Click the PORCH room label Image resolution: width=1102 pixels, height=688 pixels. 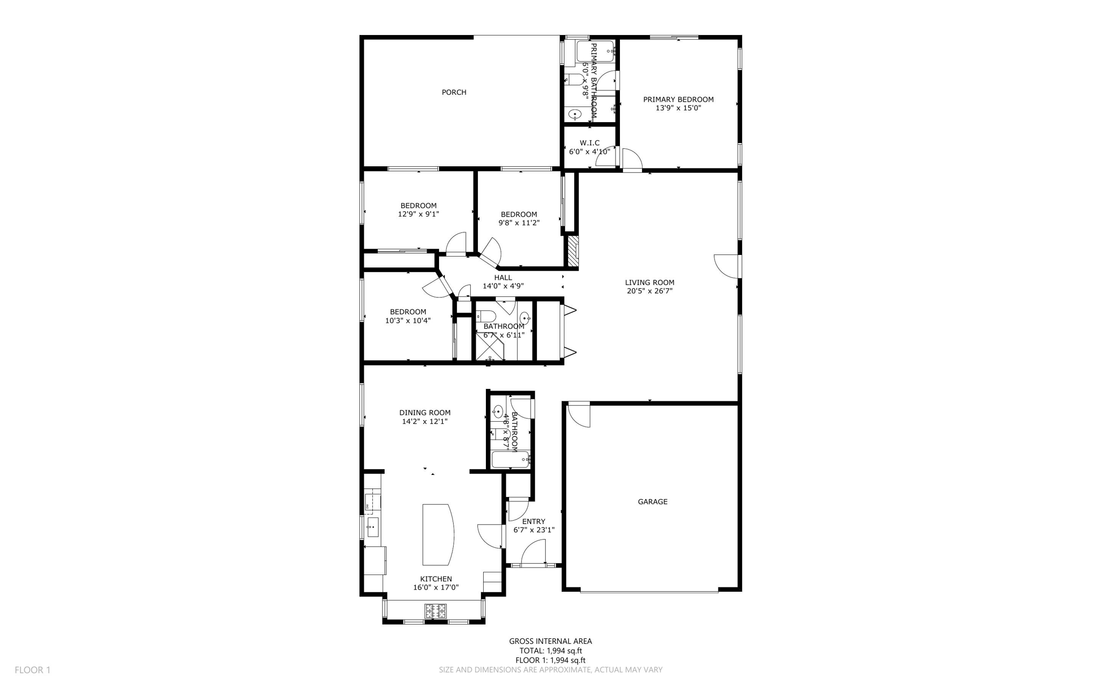point(454,93)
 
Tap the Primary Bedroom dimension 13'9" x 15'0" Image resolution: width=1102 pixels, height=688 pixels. point(678,108)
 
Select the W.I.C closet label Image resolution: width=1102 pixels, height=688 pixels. point(589,143)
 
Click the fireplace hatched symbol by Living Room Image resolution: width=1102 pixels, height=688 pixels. point(572,252)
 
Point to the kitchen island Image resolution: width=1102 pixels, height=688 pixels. point(437,534)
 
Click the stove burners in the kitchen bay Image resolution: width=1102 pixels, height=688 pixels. point(435,611)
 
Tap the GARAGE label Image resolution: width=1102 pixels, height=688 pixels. point(652,502)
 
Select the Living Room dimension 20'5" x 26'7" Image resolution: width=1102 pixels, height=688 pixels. point(649,292)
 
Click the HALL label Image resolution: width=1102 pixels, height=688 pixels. point(503,278)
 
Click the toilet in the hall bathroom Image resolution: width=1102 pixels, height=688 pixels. point(486,316)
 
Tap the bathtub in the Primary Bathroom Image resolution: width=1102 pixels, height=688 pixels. point(595,52)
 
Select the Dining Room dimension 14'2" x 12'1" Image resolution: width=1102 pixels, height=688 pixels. point(425,422)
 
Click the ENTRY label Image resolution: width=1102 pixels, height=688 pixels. point(533,521)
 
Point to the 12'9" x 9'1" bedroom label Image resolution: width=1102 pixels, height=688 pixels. point(418,205)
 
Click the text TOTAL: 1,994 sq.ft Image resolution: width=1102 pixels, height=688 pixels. point(550,651)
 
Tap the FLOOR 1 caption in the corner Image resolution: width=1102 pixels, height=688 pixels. point(32,670)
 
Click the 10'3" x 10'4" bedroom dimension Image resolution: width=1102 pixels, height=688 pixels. point(407,321)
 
